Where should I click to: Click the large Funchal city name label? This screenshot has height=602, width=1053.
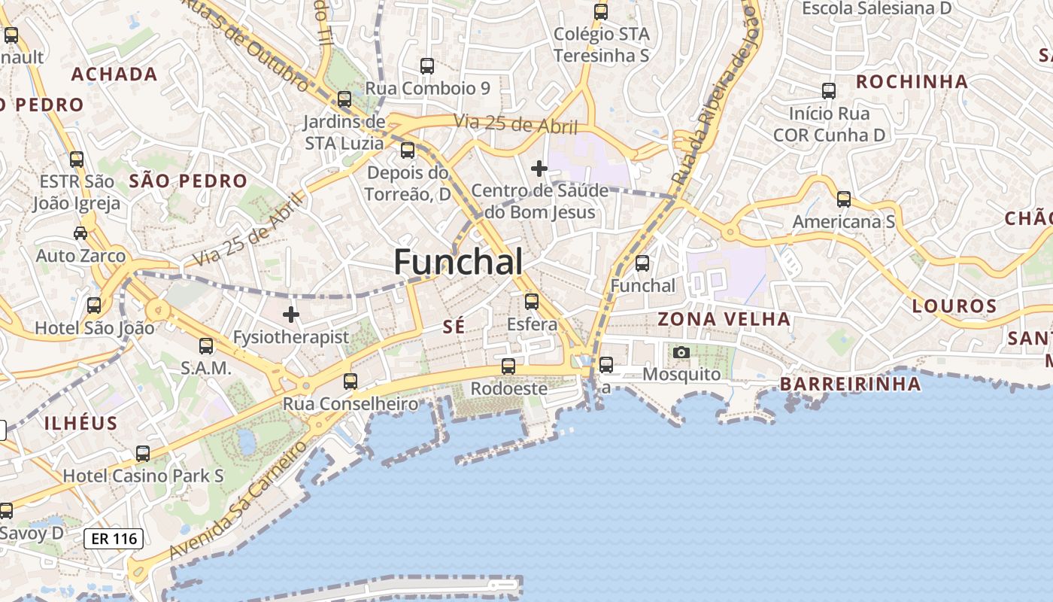click(458, 262)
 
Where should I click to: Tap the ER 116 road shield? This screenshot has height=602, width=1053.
click(113, 538)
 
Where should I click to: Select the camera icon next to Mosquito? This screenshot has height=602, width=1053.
click(681, 352)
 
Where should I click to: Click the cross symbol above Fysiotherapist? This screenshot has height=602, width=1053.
click(291, 314)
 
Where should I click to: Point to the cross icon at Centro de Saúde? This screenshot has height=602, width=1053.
click(539, 169)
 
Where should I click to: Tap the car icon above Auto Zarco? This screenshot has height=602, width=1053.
click(80, 233)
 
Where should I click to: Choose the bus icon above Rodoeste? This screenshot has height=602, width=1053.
click(508, 366)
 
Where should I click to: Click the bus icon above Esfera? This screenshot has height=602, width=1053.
click(532, 302)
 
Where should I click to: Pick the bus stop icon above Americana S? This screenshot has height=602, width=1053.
click(844, 199)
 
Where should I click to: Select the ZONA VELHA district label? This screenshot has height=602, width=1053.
click(724, 319)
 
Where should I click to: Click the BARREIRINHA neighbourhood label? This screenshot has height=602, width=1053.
click(849, 384)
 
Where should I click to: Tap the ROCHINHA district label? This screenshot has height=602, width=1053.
click(912, 81)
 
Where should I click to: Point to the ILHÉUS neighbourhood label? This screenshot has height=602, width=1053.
click(80, 423)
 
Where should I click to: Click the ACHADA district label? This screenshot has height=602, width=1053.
click(114, 74)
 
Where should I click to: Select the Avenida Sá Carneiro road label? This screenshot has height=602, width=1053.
click(238, 498)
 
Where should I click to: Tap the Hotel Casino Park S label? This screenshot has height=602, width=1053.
click(143, 476)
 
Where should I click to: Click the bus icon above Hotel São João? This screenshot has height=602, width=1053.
click(94, 306)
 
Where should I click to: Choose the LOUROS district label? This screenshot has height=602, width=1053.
click(954, 306)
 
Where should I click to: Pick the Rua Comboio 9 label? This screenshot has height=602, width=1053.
click(427, 88)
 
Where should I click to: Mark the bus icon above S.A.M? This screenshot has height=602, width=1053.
click(206, 346)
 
